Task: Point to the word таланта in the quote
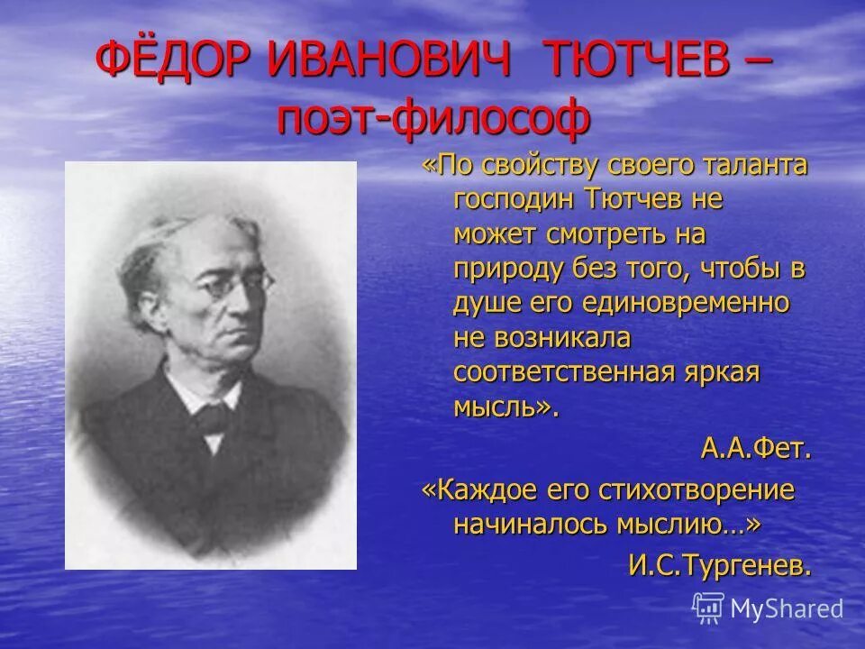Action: [752, 166]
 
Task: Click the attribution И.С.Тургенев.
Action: [720, 566]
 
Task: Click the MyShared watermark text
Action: [787, 609]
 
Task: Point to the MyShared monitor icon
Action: [708, 608]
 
